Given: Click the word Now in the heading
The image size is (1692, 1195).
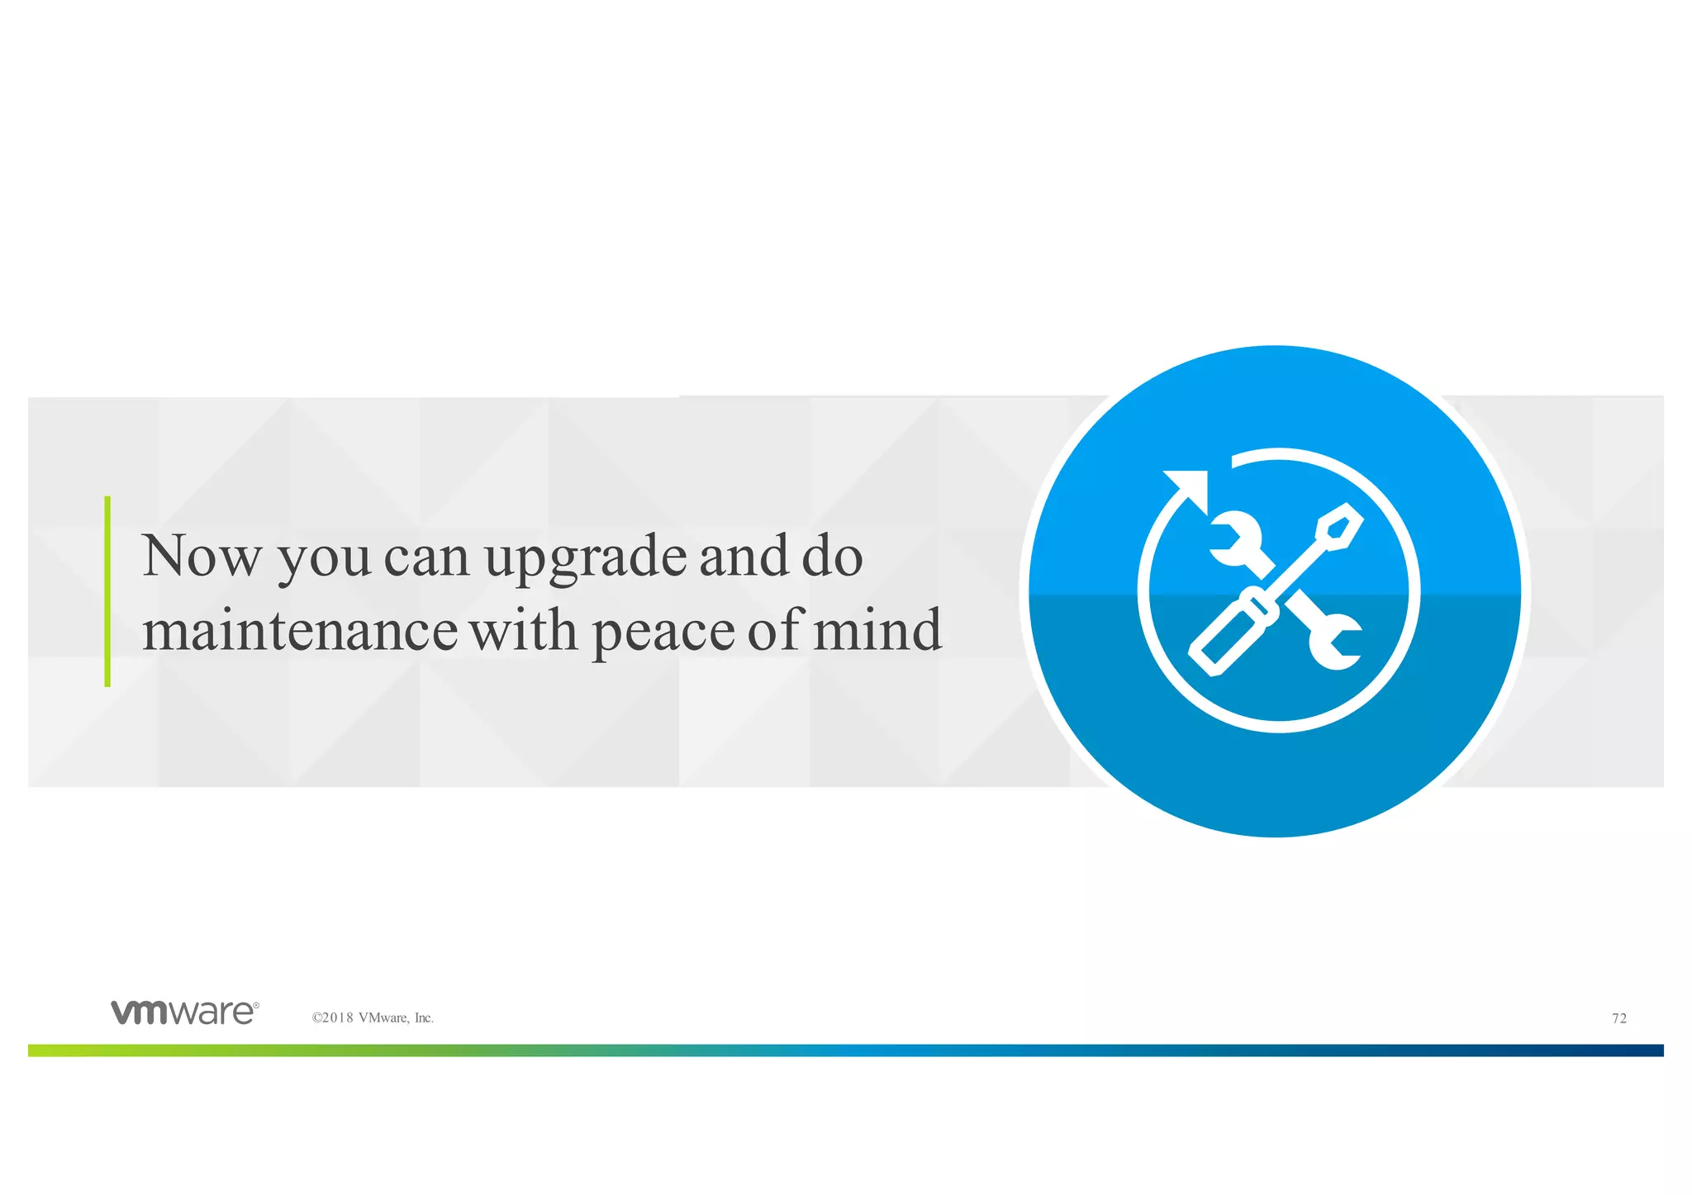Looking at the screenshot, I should tap(202, 557).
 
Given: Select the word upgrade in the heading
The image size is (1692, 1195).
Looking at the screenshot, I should tap(584, 558).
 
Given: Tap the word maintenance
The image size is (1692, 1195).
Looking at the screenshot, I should tap(299, 631).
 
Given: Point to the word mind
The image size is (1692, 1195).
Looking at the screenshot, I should tap(877, 630).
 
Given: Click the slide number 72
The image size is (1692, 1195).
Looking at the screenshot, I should tap(1619, 1018).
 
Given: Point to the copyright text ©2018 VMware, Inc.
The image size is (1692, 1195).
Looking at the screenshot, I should tap(373, 1018).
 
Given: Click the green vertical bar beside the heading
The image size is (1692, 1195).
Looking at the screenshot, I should tap(107, 591).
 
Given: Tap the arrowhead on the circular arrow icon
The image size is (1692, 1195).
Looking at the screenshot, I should tap(1190, 487).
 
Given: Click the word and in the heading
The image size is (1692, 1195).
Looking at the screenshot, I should tap(744, 557).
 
